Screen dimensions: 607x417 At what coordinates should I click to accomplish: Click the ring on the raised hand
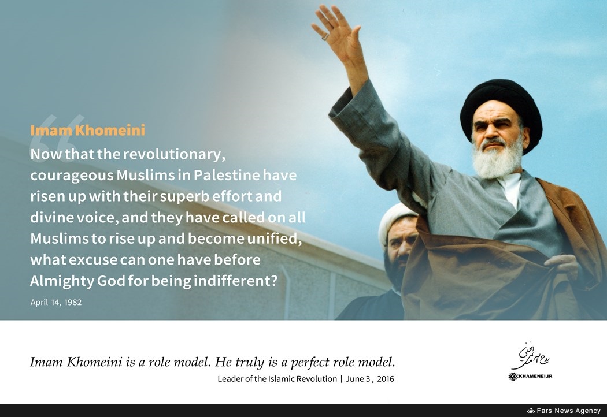pyautogui.click(x=325, y=37)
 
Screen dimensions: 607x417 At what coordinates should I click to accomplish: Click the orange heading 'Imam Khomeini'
pyautogui.click(x=87, y=131)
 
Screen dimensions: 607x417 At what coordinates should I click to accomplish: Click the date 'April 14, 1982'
pyautogui.click(x=56, y=302)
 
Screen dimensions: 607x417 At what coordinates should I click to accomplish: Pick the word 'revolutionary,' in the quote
pyautogui.click(x=174, y=154)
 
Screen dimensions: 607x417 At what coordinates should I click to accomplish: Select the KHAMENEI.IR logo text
pyautogui.click(x=531, y=376)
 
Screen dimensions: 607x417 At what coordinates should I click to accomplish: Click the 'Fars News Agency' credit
pyautogui.click(x=568, y=411)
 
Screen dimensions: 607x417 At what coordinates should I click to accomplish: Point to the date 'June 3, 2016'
pyautogui.click(x=370, y=379)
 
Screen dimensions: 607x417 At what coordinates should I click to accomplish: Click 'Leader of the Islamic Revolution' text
pyautogui.click(x=277, y=379)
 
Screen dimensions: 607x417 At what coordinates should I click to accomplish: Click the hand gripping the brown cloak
pyautogui.click(x=563, y=266)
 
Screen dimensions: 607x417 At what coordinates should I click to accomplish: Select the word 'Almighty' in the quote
pyautogui.click(x=62, y=281)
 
